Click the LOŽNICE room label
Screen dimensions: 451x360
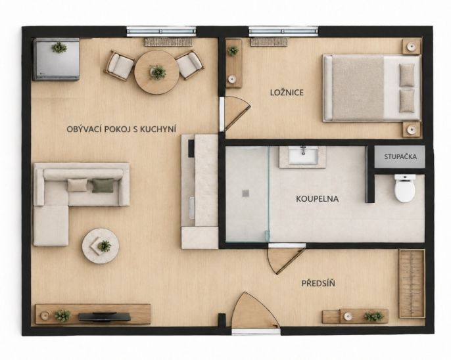[x=287, y=93]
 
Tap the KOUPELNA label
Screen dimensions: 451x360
[x=317, y=199]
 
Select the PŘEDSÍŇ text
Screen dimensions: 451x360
[x=318, y=283]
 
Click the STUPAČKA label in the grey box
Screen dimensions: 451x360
[x=400, y=157]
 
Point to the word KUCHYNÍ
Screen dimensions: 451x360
[x=158, y=129]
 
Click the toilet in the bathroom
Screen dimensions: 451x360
[x=405, y=188]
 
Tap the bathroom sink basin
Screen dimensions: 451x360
[x=303, y=156]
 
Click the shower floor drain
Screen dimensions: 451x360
[x=245, y=193]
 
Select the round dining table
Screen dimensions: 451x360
[x=156, y=72]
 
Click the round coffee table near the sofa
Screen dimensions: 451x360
[x=101, y=246]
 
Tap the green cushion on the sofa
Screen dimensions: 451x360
[x=103, y=186]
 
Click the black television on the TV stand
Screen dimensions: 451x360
[x=105, y=317]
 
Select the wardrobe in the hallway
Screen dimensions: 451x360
[x=412, y=284]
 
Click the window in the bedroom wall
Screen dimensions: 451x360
[x=283, y=32]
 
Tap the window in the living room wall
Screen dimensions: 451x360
[x=161, y=32]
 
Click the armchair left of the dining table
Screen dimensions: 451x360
[x=120, y=66]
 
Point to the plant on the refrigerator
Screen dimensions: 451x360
[x=59, y=47]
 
